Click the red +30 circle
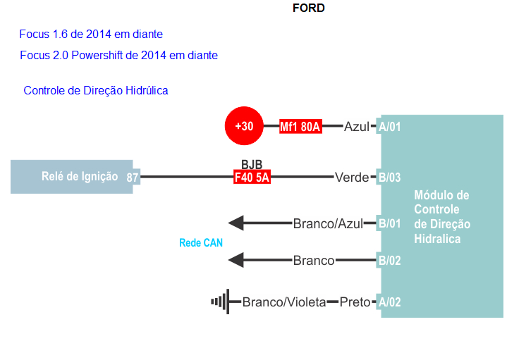point(243,127)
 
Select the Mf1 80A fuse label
point(300,127)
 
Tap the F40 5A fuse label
point(252,178)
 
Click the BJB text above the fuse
point(252,165)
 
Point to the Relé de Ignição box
point(71,177)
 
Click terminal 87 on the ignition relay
point(133,178)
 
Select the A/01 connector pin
point(389,128)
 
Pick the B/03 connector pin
point(389,178)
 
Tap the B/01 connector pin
point(389,224)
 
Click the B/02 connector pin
point(389,261)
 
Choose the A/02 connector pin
point(389,302)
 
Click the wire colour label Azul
point(357,127)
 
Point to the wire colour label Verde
point(352,178)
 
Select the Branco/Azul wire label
point(328,224)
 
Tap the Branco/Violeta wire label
point(284,302)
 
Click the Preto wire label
point(355,302)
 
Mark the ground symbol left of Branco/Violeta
point(220,302)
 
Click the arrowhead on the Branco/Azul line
point(236,224)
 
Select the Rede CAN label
point(201,242)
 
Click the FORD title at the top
point(308,8)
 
